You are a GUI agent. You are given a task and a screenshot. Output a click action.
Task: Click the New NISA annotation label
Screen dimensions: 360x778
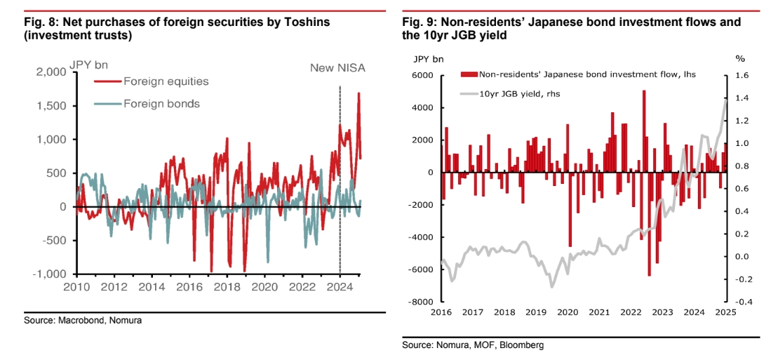pos(338,68)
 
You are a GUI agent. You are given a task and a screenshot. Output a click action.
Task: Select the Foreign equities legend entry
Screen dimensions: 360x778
pos(166,81)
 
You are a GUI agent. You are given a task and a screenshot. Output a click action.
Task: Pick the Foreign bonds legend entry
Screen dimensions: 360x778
pos(161,104)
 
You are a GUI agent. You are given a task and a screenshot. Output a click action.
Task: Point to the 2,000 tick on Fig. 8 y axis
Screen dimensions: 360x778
pos(51,72)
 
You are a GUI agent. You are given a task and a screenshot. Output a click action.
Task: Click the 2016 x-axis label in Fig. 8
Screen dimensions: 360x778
pos(189,287)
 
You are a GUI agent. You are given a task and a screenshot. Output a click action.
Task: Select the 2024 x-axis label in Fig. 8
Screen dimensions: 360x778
pos(340,287)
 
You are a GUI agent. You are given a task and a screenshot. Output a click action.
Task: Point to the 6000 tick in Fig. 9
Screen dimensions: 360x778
pos(423,76)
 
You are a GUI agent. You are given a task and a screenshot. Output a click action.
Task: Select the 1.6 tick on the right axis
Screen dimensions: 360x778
pos(742,76)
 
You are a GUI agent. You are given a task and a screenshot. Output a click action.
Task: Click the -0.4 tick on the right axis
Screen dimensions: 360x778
pos(744,302)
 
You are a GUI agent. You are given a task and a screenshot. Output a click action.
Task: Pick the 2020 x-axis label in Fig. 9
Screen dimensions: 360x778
pos(567,312)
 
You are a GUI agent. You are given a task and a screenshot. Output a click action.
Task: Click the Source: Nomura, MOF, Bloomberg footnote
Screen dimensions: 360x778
pos(474,345)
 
